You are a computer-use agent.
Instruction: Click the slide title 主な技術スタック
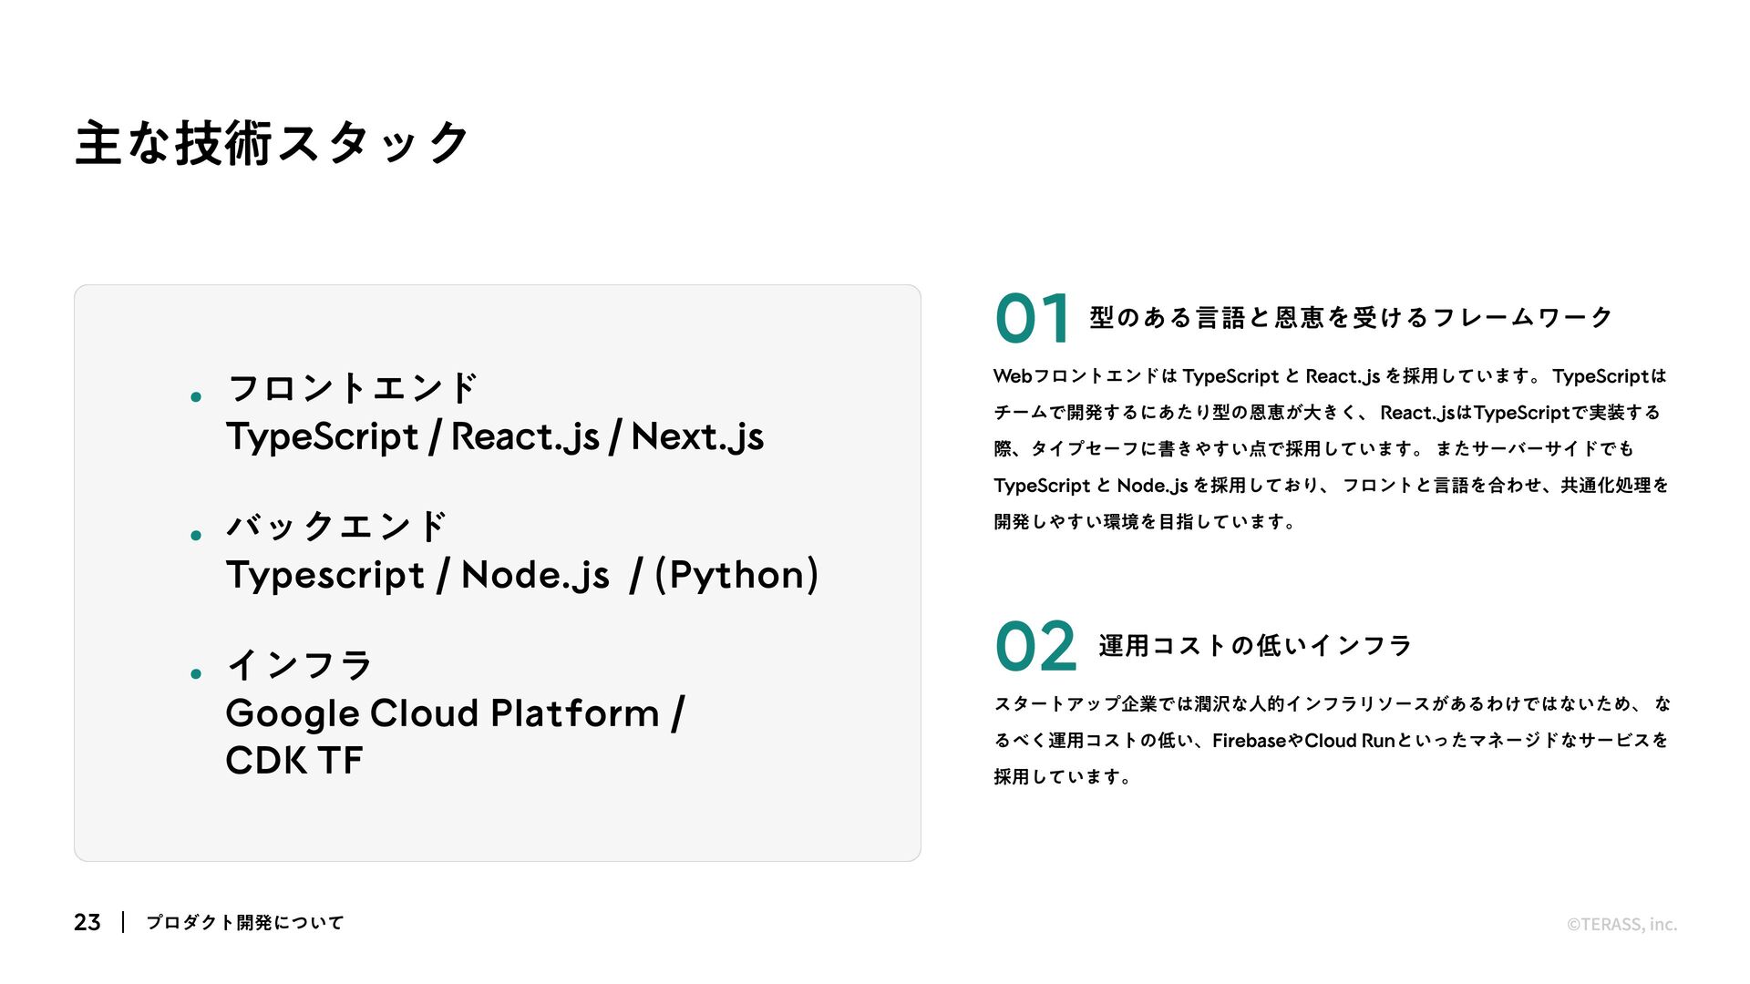pos(272,144)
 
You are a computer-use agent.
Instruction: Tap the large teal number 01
pos(1032,319)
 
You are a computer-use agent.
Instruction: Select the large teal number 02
pos(1035,646)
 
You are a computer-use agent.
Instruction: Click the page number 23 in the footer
pos(87,922)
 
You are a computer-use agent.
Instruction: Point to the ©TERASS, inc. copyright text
pos(1621,924)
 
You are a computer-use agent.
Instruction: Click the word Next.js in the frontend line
pos(697,436)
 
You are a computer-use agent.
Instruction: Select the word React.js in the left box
pos(525,436)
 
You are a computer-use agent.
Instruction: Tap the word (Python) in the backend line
pos(736,575)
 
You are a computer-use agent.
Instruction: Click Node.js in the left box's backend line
pos(535,575)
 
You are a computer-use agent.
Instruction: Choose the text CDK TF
pos(293,761)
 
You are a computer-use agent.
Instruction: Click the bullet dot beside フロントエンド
pos(196,396)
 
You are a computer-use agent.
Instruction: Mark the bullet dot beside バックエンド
pos(196,536)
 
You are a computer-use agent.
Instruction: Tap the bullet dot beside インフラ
pos(196,674)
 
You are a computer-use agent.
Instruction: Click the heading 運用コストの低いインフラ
pos(1255,646)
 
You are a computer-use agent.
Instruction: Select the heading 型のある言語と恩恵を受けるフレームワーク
pos(1351,318)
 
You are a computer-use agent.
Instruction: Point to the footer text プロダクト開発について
pos(245,922)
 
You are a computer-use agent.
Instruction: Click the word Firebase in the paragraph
pos(1247,741)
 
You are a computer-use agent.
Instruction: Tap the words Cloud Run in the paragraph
pos(1349,741)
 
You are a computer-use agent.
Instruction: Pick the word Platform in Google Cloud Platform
pos(574,713)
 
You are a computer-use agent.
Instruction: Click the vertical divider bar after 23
pos(123,922)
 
